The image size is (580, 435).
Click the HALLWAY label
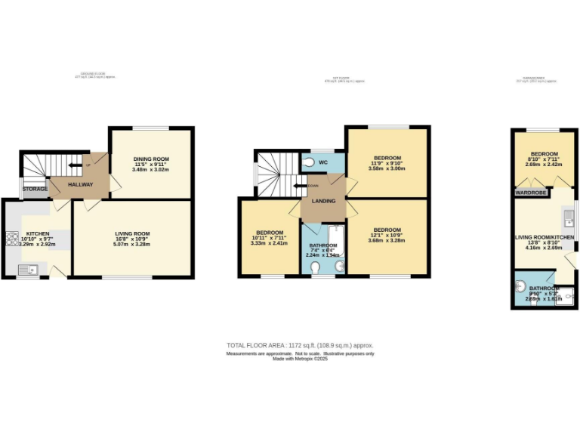coord(80,184)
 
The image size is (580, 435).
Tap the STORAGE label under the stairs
coord(35,188)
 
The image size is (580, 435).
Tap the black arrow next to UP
coord(76,165)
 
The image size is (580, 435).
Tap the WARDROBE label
coord(530,193)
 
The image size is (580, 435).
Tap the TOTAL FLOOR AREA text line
coord(300,345)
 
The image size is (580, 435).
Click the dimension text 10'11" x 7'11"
coord(270,237)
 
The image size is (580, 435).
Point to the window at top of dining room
coord(151,127)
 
